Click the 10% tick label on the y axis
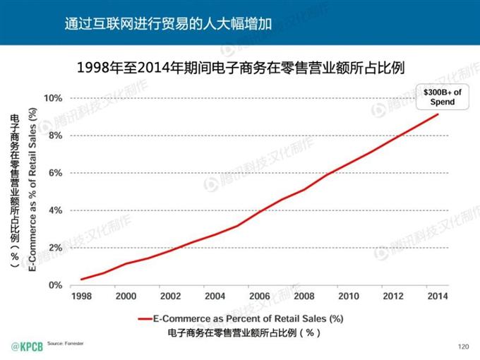coord(53,98)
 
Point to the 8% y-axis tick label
coord(55,136)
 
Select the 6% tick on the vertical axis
coord(55,173)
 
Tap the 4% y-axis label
coord(55,210)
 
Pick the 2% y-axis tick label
coord(55,248)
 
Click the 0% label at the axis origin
coord(55,285)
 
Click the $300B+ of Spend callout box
coord(438,96)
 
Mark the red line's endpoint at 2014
coord(438,114)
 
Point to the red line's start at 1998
coord(81,280)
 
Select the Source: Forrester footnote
coord(66,342)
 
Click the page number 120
coord(463,346)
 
